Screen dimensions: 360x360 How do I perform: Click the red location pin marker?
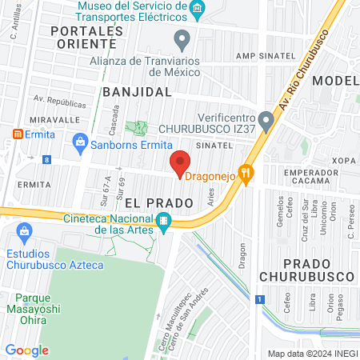(x=181, y=163)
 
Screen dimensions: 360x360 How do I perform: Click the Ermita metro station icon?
(x=18, y=132)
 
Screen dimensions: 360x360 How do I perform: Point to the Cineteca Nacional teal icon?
(x=163, y=221)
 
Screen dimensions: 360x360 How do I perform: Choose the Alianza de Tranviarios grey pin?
(x=182, y=37)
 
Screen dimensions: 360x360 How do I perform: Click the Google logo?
(x=27, y=350)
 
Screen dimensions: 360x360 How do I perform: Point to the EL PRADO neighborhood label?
(x=158, y=203)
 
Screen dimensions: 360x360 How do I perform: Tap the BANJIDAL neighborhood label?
(x=138, y=92)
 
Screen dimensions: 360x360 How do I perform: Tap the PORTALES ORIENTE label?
(x=87, y=37)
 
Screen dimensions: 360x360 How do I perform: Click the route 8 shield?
(x=48, y=160)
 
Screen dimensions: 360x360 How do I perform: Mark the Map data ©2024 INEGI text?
(x=311, y=354)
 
